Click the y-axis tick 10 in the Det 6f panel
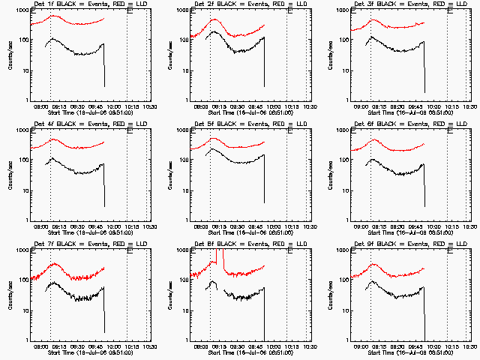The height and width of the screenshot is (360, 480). [x=346, y=190]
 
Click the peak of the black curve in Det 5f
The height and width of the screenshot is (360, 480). [x=211, y=149]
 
